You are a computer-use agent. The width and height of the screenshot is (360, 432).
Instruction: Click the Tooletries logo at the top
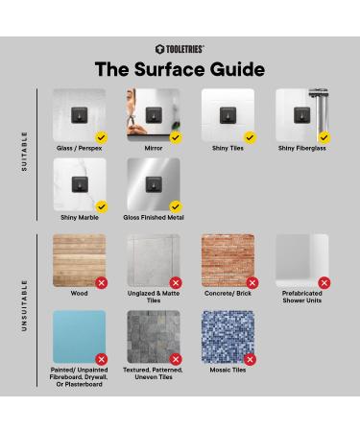pyautogui.click(x=180, y=49)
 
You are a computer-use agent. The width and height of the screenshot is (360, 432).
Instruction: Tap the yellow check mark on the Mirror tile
pyautogui.click(x=176, y=137)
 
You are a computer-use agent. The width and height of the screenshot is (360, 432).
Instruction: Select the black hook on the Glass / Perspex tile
pyautogui.click(x=80, y=115)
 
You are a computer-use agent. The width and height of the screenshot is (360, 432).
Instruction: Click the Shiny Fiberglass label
pyautogui.click(x=301, y=148)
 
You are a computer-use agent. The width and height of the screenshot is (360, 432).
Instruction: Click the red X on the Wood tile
pyautogui.click(x=102, y=283)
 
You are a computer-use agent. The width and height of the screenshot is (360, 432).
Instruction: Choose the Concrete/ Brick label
pyautogui.click(x=228, y=293)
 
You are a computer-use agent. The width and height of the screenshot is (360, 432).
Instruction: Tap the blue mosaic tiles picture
pyautogui.click(x=228, y=336)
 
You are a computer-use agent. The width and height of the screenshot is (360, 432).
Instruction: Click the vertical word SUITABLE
pyautogui.click(x=24, y=152)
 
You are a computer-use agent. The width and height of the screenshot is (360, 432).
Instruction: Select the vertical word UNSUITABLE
pyautogui.click(x=24, y=305)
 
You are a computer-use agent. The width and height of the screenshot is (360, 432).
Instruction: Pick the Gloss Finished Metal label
pyautogui.click(x=154, y=217)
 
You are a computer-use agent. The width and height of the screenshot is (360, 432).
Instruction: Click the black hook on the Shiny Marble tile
pyautogui.click(x=80, y=184)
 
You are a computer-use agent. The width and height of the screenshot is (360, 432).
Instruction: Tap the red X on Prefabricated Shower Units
pyautogui.click(x=324, y=283)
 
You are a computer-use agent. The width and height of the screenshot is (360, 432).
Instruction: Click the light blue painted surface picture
pyautogui.click(x=80, y=336)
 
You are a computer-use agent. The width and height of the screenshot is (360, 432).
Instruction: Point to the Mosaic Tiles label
pyautogui.click(x=228, y=370)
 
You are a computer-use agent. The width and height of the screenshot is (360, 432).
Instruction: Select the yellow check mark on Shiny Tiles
pyautogui.click(x=250, y=137)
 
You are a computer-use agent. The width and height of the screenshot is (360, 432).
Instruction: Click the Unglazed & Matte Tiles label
pyautogui.click(x=154, y=297)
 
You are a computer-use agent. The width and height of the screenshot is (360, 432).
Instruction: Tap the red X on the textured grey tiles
pyautogui.click(x=176, y=359)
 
